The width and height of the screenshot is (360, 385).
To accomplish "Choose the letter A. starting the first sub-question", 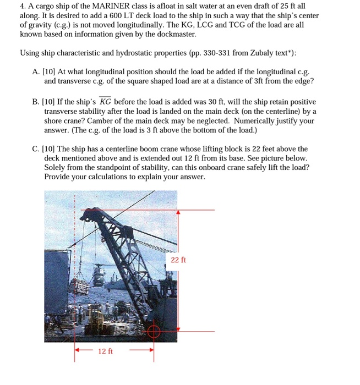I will (36, 72).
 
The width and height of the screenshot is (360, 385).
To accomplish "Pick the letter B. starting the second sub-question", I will (36, 102).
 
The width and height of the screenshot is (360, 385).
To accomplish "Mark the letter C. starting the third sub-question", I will (36, 149).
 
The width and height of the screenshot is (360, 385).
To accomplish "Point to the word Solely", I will (57, 167).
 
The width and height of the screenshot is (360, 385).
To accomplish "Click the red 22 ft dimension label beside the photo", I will (178, 260).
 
